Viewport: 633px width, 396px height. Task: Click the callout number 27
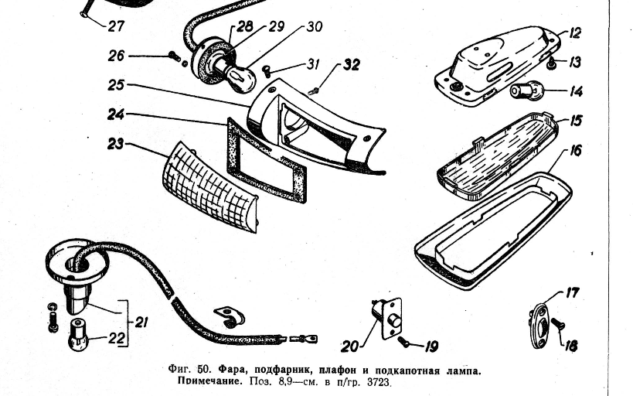[116, 26]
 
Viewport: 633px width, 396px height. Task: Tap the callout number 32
[351, 65]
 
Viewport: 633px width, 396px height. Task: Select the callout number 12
[574, 32]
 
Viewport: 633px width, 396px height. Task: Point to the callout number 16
[575, 150]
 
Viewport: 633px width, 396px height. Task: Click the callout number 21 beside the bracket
[141, 322]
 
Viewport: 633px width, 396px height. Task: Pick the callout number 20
[350, 346]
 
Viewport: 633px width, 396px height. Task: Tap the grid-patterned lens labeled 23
[209, 187]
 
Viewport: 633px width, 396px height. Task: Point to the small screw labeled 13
[550, 63]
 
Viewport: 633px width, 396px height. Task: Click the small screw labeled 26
[175, 56]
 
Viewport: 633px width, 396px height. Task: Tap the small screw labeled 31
[266, 71]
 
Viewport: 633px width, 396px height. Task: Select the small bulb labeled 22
[79, 335]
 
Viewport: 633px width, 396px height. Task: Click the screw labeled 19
[403, 342]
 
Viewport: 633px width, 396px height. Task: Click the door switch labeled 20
[387, 319]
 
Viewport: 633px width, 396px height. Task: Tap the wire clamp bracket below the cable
[229, 317]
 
